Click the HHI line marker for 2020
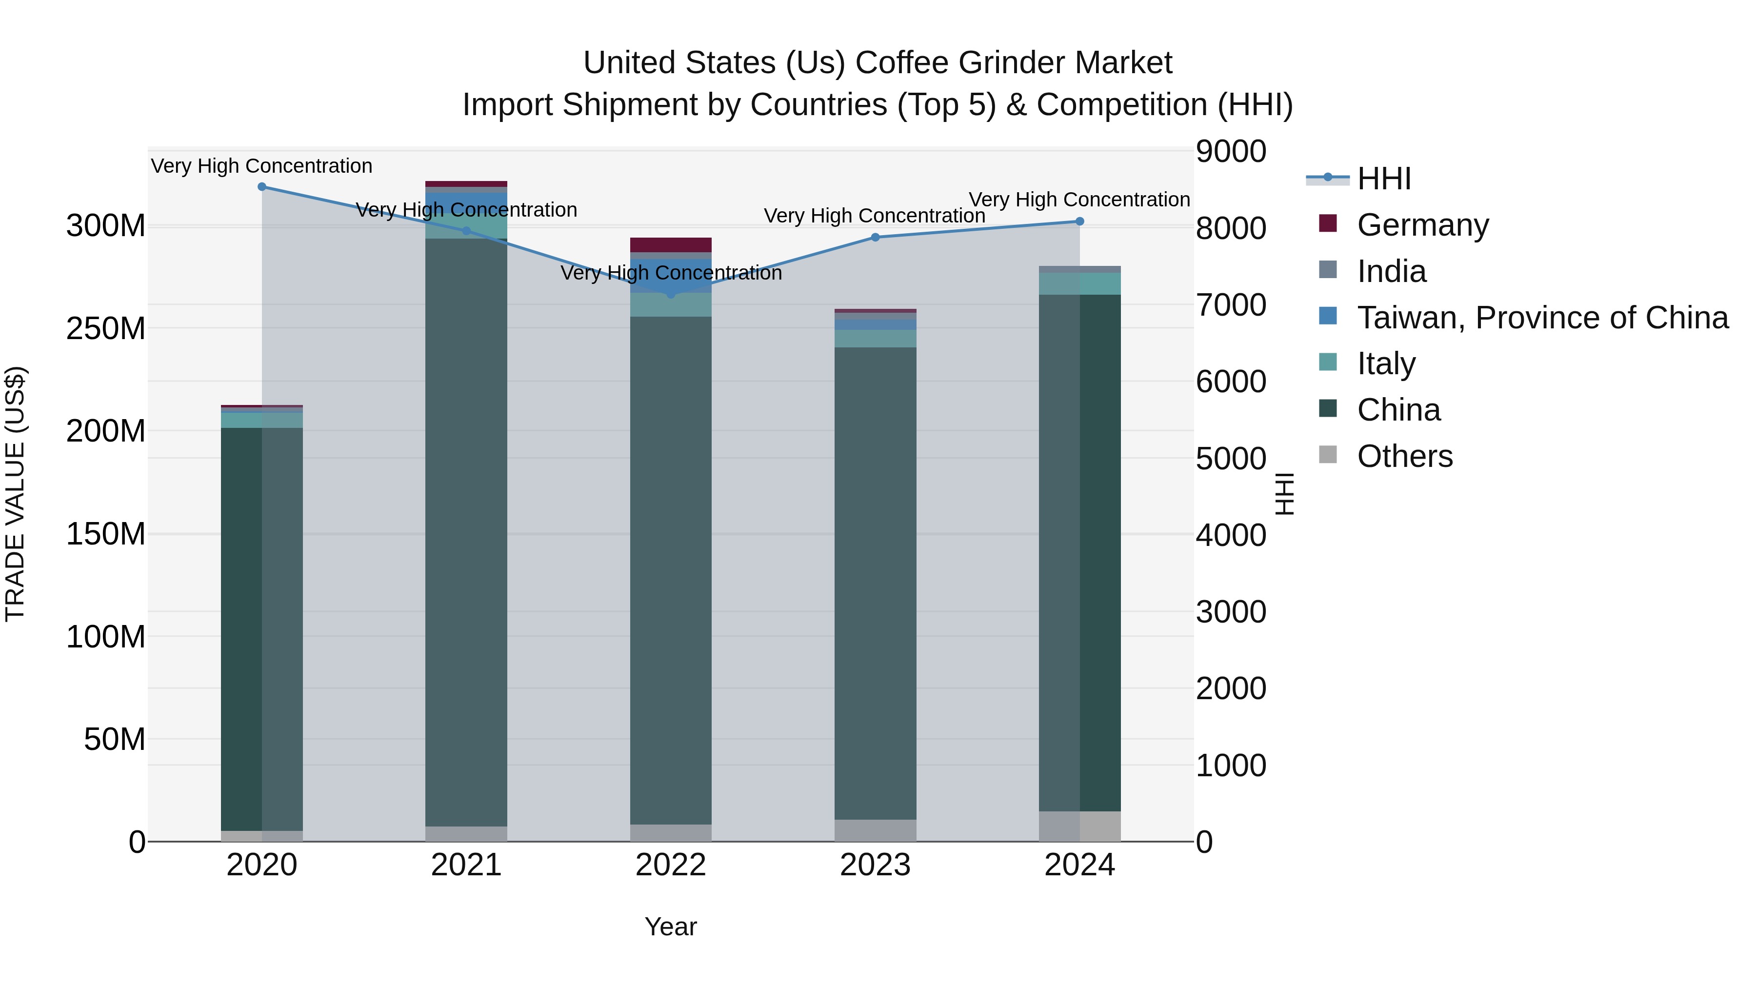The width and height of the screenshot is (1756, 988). [x=262, y=187]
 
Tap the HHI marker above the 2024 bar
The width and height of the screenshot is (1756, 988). [x=1080, y=222]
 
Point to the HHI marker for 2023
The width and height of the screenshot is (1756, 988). [x=875, y=237]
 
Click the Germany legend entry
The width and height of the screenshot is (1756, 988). [x=1423, y=225]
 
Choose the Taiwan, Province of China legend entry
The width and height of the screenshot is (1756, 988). [x=1542, y=318]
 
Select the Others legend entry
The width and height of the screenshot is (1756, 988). [x=1404, y=456]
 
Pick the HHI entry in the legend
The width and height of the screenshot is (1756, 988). [x=1384, y=179]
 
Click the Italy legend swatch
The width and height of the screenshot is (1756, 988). [x=1328, y=362]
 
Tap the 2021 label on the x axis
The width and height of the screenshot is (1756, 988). [x=466, y=865]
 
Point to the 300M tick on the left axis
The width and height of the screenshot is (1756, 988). [x=106, y=226]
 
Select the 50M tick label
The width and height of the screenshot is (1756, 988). [x=115, y=739]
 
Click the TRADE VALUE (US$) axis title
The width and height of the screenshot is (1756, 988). [x=15, y=494]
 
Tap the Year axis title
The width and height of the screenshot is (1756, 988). [x=671, y=927]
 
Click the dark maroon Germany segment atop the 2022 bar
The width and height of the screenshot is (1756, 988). [x=671, y=245]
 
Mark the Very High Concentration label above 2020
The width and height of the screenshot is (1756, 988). [x=262, y=166]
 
